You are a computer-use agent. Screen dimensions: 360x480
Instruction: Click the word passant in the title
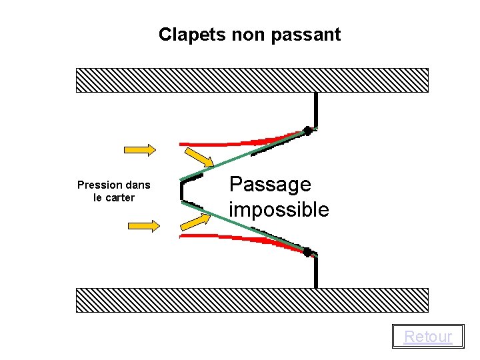point(309,35)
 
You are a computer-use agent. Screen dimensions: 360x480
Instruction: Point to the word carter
point(120,197)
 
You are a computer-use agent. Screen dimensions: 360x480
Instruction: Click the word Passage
point(270,184)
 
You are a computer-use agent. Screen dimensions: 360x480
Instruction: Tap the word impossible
point(279,209)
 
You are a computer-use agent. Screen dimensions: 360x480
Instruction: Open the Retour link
point(428,337)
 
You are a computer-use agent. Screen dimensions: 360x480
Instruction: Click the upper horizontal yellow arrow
point(140,149)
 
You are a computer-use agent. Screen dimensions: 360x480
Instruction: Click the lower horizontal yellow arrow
point(144,226)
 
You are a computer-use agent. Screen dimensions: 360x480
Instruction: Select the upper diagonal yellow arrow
point(199,158)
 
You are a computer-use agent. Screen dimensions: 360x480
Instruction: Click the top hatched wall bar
point(252,80)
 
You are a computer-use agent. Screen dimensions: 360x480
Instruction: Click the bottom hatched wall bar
point(252,300)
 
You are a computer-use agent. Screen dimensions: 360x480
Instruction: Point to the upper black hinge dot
point(308,131)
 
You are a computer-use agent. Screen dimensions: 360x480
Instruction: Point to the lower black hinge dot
point(307,252)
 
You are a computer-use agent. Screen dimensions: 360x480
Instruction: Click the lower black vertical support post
point(316,272)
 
